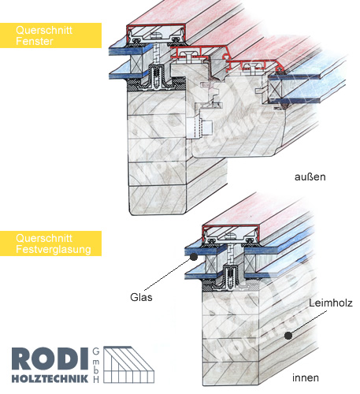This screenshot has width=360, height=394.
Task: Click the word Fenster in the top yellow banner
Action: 35,41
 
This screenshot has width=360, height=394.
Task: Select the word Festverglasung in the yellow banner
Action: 54,249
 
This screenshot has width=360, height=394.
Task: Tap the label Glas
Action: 141,297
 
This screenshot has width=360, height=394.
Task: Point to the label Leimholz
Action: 330,303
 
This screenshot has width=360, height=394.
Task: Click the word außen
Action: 310,177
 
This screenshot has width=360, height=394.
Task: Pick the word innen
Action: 306,378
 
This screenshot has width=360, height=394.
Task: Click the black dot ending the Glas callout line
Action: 194,257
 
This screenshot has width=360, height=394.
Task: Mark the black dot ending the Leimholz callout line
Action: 288,336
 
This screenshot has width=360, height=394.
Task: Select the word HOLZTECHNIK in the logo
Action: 50,378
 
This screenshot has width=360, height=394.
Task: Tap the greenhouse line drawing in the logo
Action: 128,365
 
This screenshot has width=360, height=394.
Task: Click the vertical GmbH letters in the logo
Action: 96,366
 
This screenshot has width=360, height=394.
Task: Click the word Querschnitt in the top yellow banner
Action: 44,30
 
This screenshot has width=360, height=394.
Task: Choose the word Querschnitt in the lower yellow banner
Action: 44,238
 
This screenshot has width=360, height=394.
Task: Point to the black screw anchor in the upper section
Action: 156,76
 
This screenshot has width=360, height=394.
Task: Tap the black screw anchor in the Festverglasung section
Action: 230,277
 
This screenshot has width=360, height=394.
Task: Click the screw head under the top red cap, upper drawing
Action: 156,35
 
